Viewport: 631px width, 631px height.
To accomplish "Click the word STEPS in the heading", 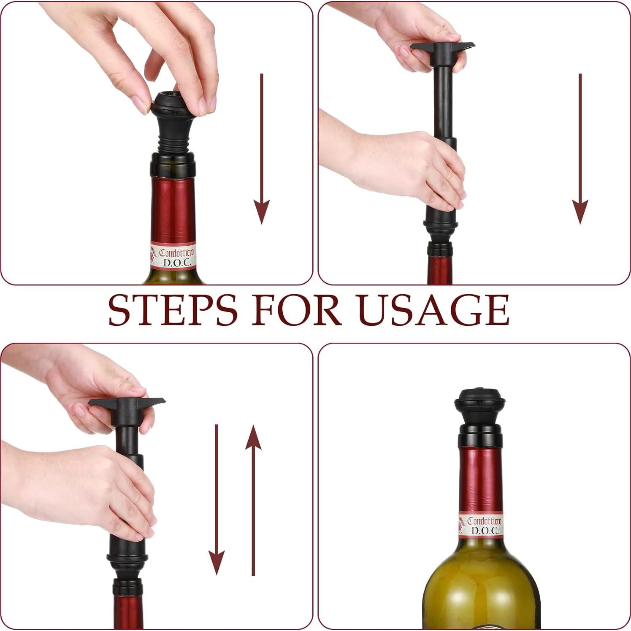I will pos(173,310).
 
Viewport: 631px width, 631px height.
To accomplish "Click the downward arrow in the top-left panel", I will pos(262,148).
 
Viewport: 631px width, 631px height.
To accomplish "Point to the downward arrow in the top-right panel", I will pos(580,148).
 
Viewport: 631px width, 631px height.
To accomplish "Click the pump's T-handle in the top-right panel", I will pos(442,46).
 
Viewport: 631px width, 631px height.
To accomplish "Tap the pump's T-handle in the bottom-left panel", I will pos(127,403).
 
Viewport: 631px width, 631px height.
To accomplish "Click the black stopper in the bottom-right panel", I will pos(480,407).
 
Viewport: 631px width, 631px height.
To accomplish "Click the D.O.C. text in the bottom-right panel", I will pos(485,531).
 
